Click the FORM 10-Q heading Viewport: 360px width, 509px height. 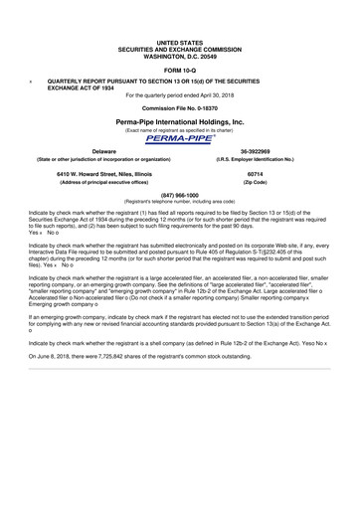pyautogui.click(x=180, y=71)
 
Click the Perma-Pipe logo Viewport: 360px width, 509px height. pyautogui.click(x=180, y=139)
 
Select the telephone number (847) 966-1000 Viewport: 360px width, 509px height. pyautogui.click(x=180, y=195)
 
